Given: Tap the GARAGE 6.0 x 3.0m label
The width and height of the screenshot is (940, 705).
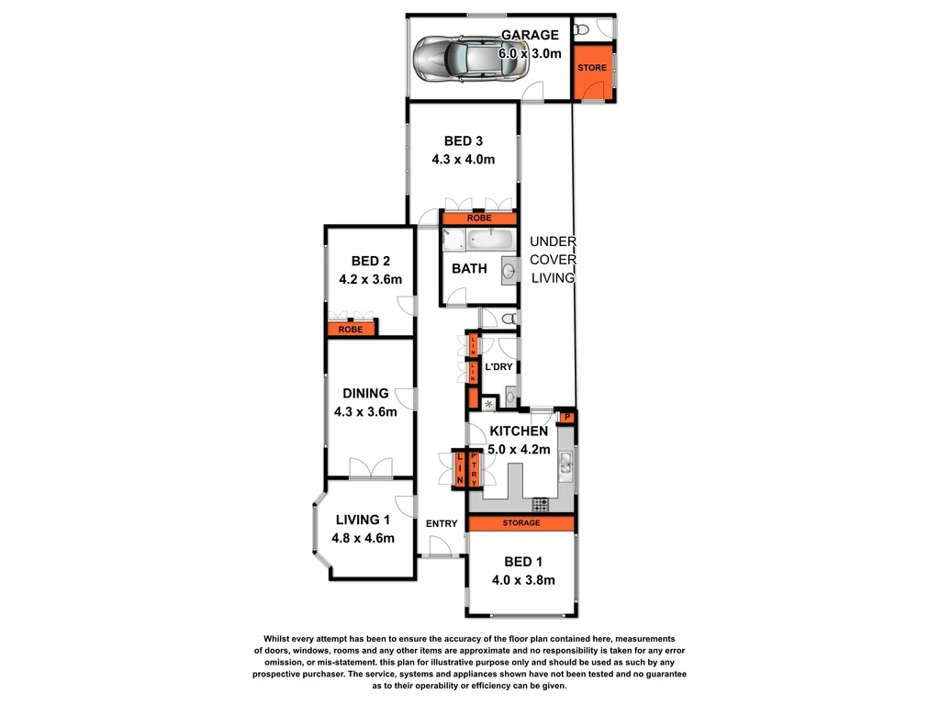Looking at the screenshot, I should [x=530, y=44].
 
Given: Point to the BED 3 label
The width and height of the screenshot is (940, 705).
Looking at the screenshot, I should [x=464, y=150].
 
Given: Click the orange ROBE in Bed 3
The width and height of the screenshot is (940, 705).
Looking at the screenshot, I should [x=479, y=218].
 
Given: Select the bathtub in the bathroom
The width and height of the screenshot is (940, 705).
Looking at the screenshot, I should [x=493, y=242].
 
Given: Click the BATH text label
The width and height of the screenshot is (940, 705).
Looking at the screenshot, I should [x=469, y=269].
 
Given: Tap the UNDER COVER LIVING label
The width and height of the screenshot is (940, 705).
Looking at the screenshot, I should [x=553, y=260].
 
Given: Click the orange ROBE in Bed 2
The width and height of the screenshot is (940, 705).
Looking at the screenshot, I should [x=351, y=329].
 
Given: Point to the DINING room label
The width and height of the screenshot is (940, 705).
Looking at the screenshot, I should [x=365, y=402].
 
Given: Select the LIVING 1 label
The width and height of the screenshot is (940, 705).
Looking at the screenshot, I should [x=364, y=528].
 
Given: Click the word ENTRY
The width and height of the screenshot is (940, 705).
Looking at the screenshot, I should [x=442, y=524].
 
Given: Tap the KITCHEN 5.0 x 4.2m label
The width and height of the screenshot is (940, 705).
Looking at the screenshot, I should [x=520, y=440].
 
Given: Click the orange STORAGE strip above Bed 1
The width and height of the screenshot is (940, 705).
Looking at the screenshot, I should [x=520, y=523].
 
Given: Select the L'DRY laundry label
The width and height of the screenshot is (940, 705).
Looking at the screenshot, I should [x=498, y=367].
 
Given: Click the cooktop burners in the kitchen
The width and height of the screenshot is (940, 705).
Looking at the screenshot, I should [x=541, y=504].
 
